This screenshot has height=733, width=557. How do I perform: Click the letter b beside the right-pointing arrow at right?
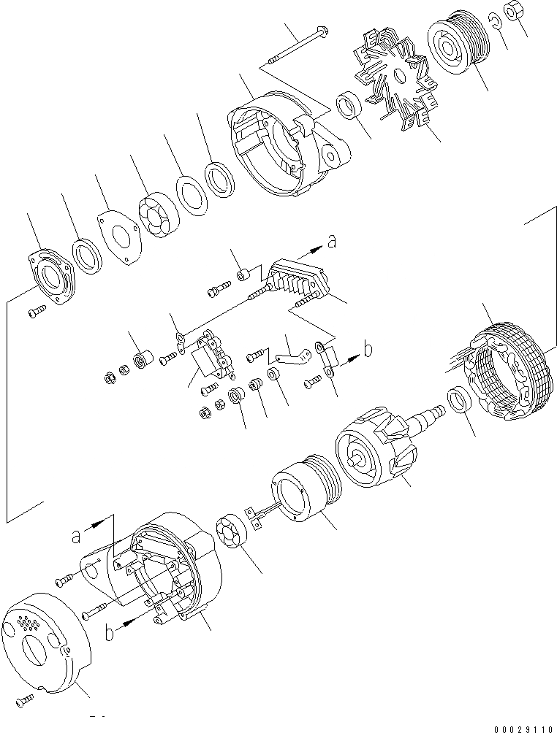(368, 350)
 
